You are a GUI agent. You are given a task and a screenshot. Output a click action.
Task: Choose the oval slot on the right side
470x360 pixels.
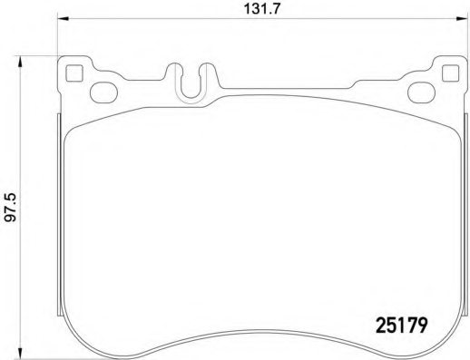click(x=422, y=89)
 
